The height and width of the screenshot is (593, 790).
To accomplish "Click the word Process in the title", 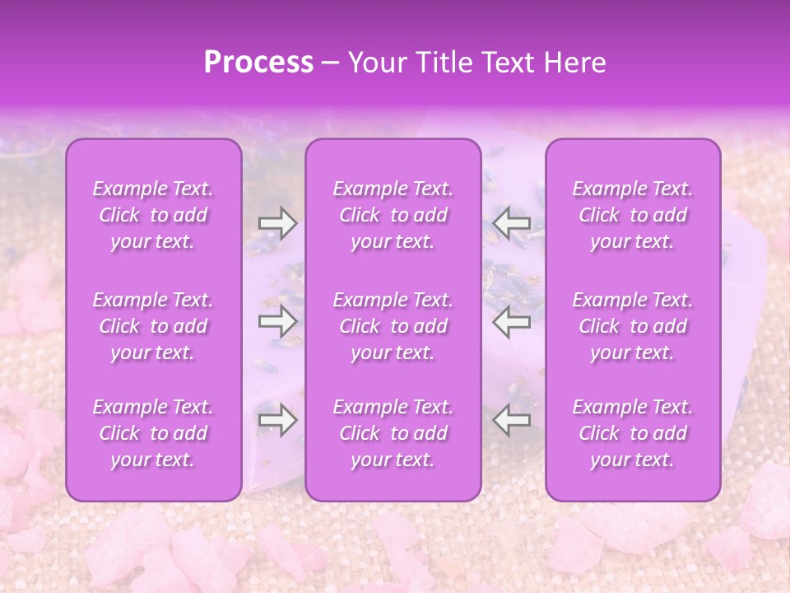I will click(258, 63).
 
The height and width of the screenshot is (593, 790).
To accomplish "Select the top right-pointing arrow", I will click(278, 222).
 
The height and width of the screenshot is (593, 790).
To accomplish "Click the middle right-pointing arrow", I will click(278, 322).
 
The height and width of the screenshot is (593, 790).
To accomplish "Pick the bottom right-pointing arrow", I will click(278, 421).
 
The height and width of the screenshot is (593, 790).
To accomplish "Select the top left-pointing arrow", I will click(512, 222).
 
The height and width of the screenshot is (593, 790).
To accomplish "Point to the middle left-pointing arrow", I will click(512, 322).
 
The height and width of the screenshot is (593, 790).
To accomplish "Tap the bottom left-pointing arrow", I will click(512, 421).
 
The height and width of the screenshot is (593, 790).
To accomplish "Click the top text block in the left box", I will click(153, 215).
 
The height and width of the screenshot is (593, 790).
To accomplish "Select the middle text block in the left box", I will click(153, 326).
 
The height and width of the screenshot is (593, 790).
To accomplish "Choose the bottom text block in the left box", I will click(153, 433).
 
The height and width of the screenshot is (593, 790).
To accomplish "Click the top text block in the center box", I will click(393, 215).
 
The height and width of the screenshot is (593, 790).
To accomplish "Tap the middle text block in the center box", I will click(393, 326).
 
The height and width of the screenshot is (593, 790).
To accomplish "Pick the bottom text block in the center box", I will click(393, 433).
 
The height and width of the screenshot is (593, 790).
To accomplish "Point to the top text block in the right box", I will click(633, 215).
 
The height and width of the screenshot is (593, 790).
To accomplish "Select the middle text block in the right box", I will click(633, 326).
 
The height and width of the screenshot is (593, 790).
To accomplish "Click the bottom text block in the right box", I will click(633, 433).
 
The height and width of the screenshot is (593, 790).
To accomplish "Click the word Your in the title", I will click(375, 63).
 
